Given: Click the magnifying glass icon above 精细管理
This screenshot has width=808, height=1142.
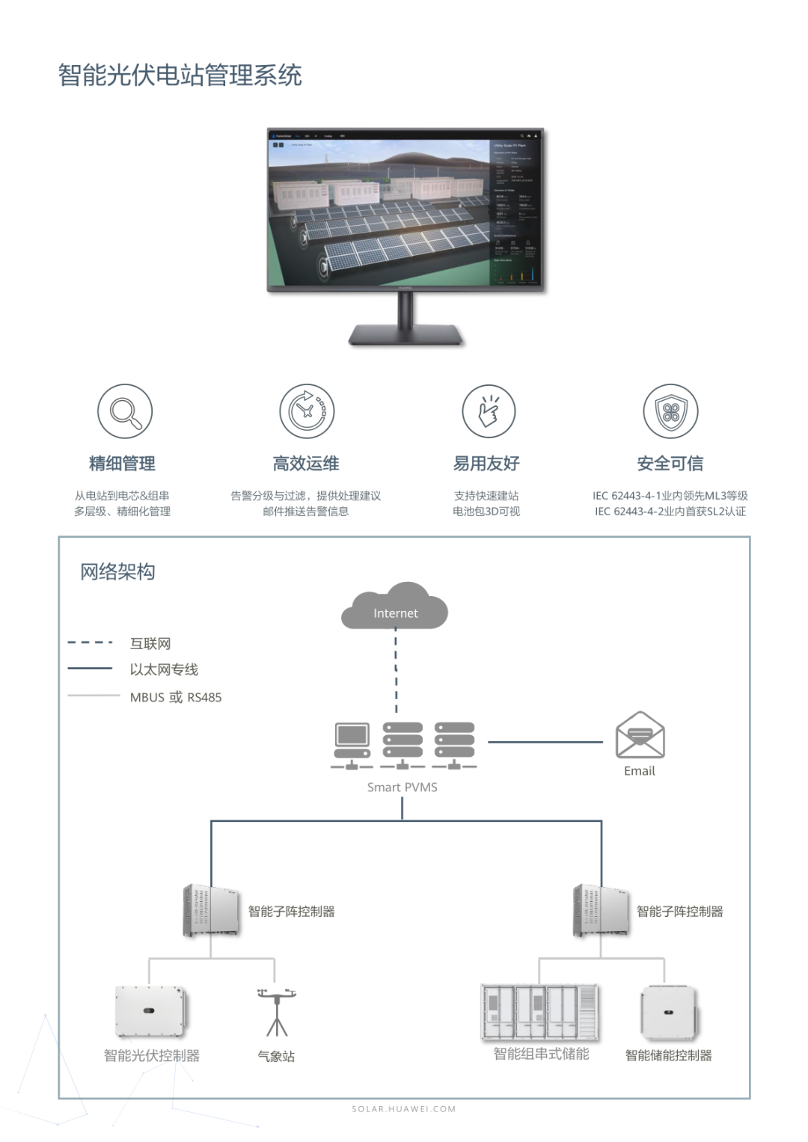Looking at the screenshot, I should [125, 411].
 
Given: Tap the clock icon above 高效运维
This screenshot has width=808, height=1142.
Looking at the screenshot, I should [307, 411].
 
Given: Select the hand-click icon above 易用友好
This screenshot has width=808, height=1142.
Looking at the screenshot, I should [489, 411].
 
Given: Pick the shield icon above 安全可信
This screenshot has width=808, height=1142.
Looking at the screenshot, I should [670, 411].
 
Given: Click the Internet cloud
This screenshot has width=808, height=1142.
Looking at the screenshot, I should [395, 607].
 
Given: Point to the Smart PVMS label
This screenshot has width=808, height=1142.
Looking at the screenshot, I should [403, 787].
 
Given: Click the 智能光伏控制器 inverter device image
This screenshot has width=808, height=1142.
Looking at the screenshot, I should [150, 1011].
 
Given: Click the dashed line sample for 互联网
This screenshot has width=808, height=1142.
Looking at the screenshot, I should [90, 642].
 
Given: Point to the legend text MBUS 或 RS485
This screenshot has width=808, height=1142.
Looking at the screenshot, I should [176, 697].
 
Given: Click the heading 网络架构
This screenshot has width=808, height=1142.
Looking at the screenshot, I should [117, 572].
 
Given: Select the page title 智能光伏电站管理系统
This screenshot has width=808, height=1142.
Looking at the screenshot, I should [180, 76].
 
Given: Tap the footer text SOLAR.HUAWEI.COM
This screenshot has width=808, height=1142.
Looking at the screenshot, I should [404, 1109].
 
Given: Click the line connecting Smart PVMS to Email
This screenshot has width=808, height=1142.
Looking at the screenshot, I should [545, 742].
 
